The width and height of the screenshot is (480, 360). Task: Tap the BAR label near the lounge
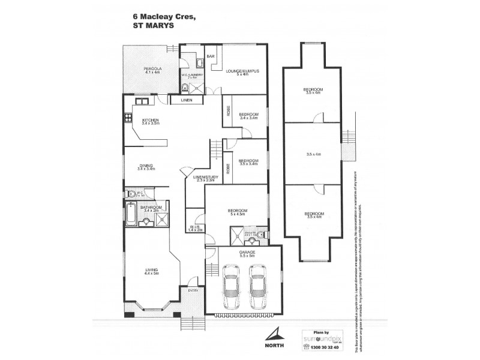tap(211, 56)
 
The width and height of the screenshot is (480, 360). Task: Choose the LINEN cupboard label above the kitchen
tap(187, 100)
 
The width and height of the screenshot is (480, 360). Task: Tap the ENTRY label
tap(193, 291)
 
